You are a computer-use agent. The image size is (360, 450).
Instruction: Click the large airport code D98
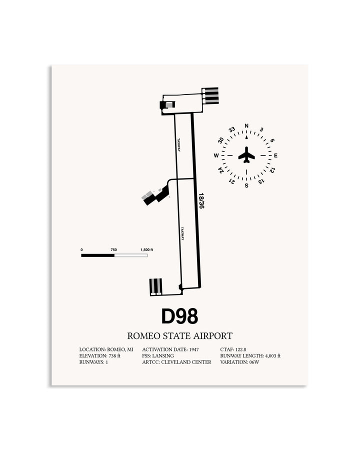(x=179, y=316)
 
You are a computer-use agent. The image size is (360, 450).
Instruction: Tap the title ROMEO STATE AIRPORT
(x=179, y=336)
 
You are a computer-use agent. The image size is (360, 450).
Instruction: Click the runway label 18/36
(x=201, y=200)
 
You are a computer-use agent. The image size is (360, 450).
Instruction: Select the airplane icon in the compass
(x=246, y=155)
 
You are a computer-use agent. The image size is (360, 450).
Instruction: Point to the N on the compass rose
(x=246, y=125)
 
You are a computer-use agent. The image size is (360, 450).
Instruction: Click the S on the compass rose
(x=246, y=185)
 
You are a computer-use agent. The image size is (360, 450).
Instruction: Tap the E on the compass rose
(x=275, y=155)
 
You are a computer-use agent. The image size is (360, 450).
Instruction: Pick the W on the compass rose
(x=216, y=155)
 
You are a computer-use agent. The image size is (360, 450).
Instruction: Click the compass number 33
(x=232, y=129)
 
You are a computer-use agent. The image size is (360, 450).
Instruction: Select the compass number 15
(x=261, y=181)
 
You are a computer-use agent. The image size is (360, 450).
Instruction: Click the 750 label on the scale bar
(x=113, y=249)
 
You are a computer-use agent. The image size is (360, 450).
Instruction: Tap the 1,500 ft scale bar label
(x=146, y=249)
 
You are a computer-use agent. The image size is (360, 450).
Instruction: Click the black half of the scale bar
(x=98, y=255)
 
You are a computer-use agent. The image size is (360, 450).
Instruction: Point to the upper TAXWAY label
(x=179, y=145)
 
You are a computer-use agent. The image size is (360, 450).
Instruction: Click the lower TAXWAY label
(x=182, y=233)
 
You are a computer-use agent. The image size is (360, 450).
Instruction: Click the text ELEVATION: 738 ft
(x=100, y=356)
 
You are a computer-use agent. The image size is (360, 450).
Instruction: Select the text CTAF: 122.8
(x=233, y=349)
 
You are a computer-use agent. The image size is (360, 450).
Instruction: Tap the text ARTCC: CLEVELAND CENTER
(x=176, y=362)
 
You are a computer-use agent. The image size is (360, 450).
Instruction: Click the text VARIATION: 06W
(x=239, y=362)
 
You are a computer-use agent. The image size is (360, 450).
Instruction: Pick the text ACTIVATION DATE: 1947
(x=170, y=349)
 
